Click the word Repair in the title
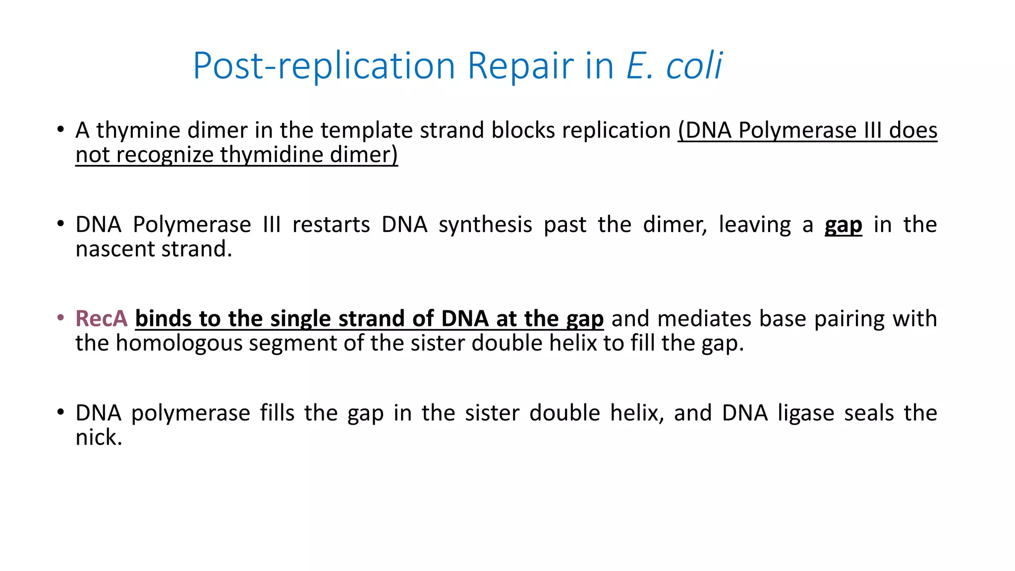click(x=520, y=65)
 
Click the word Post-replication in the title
click(x=324, y=65)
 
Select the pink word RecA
click(x=101, y=319)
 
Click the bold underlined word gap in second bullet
click(x=843, y=226)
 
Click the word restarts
click(x=331, y=225)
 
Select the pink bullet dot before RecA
click(x=60, y=318)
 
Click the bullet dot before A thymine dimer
click(x=60, y=130)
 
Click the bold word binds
click(x=163, y=319)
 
